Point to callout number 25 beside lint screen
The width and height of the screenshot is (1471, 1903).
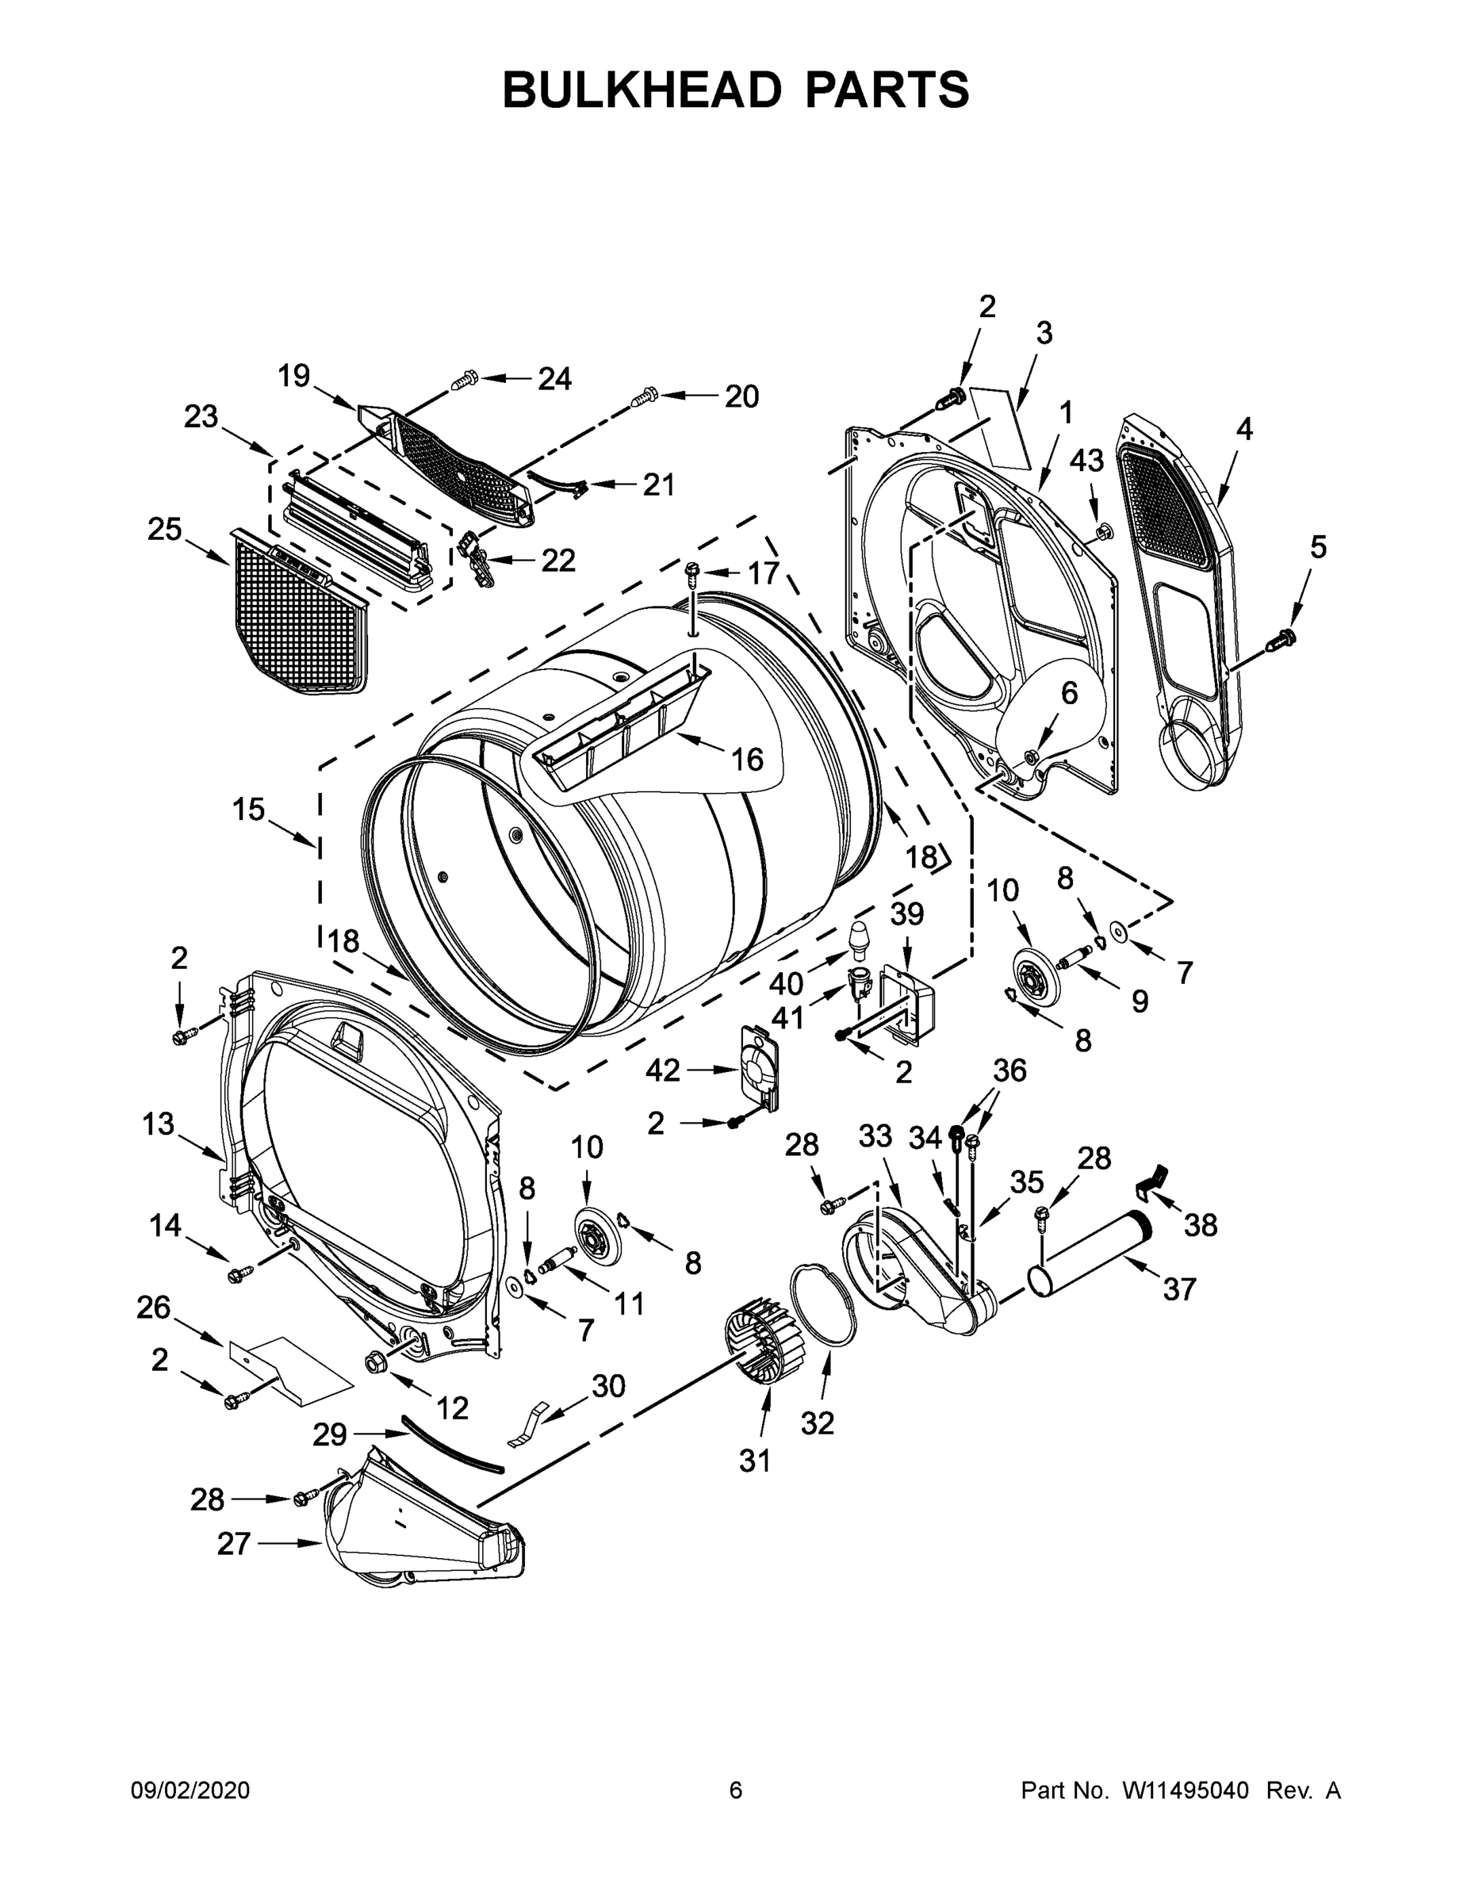point(165,529)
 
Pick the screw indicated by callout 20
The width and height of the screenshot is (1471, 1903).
point(643,396)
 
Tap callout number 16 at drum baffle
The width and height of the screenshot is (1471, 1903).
point(747,759)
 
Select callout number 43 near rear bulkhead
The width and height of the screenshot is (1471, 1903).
point(1086,461)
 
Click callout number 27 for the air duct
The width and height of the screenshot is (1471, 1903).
point(234,1544)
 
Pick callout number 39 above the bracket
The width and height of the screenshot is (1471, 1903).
point(906,915)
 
